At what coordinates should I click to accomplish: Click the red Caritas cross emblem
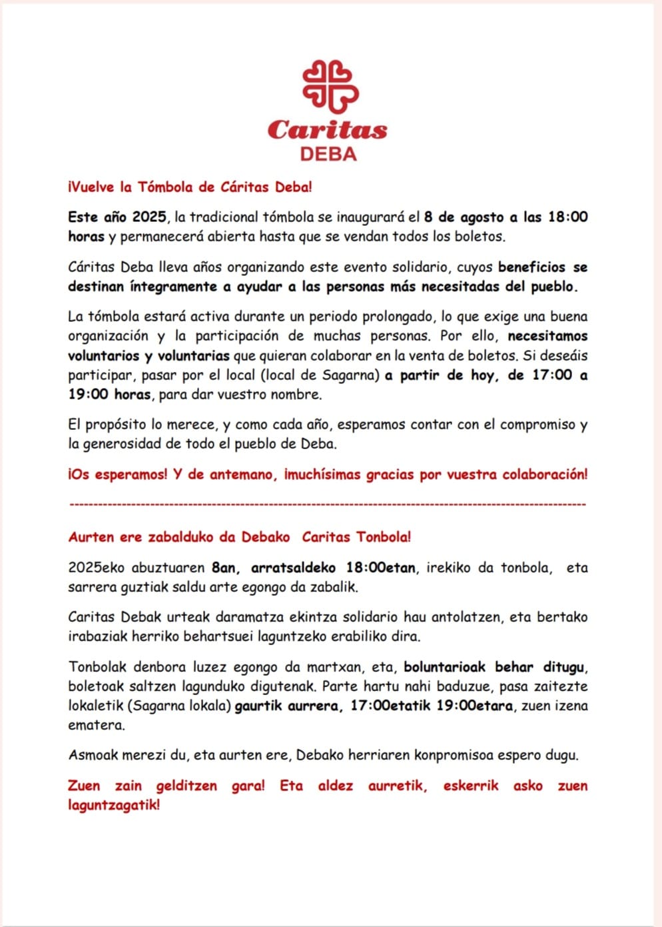click(330, 86)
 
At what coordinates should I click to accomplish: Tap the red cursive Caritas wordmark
click(328, 129)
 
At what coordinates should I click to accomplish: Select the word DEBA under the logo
click(328, 154)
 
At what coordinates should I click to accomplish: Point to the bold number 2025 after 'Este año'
click(149, 217)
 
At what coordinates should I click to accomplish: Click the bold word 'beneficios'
click(531, 267)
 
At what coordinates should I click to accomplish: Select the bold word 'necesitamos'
click(547, 336)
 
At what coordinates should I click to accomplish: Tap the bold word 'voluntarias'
click(194, 356)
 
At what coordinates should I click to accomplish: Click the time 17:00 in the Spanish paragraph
click(551, 375)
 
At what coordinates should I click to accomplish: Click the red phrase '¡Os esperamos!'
click(117, 474)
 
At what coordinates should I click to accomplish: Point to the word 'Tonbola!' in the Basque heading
click(384, 537)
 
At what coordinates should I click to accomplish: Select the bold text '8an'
click(224, 568)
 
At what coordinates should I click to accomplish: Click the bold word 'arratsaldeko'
click(293, 568)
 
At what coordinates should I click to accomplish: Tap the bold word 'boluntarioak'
click(445, 666)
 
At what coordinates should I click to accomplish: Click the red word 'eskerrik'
click(470, 786)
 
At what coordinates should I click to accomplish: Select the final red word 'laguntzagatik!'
click(114, 804)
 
